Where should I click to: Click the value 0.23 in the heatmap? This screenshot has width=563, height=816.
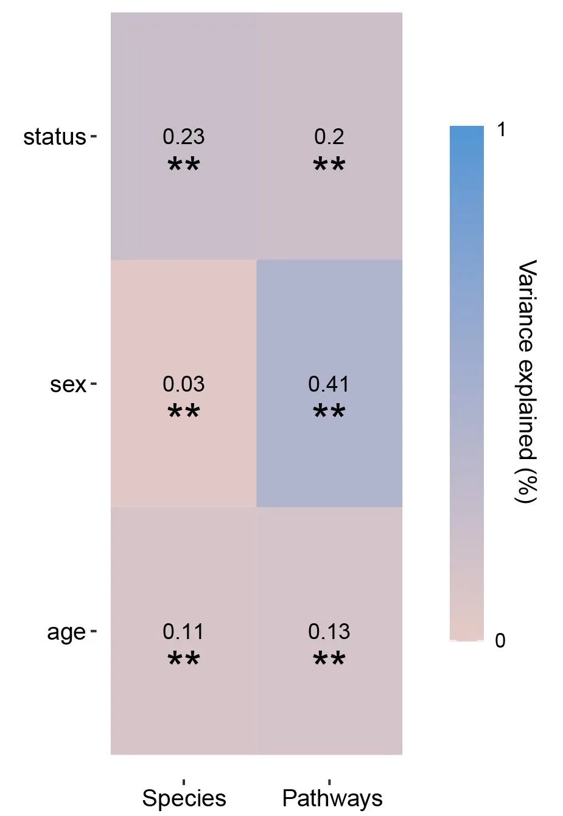(183, 137)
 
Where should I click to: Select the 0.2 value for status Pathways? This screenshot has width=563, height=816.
(329, 137)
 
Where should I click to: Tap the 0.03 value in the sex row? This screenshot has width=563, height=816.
(183, 384)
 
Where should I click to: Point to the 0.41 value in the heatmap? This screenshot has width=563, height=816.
(329, 384)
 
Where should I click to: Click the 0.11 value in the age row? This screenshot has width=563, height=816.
(183, 632)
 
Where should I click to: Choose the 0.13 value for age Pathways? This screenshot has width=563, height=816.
(329, 632)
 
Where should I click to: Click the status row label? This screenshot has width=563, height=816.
(55, 137)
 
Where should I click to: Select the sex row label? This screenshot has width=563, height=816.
(68, 384)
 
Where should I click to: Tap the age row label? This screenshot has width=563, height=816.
(66, 632)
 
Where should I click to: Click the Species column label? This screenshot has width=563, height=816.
(184, 798)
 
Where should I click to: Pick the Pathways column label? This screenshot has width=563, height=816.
(332, 798)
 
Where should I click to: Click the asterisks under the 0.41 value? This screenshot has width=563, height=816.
(329, 412)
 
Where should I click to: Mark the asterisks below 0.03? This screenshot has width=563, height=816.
(183, 412)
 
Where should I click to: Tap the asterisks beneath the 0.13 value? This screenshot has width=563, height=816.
(329, 659)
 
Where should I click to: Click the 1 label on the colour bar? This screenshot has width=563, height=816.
(501, 130)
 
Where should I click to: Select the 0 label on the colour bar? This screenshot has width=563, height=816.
(500, 641)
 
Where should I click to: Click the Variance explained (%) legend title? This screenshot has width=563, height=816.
(527, 381)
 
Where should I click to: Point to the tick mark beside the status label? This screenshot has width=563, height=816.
(93, 136)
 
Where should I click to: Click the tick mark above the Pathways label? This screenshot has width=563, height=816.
(329, 781)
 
